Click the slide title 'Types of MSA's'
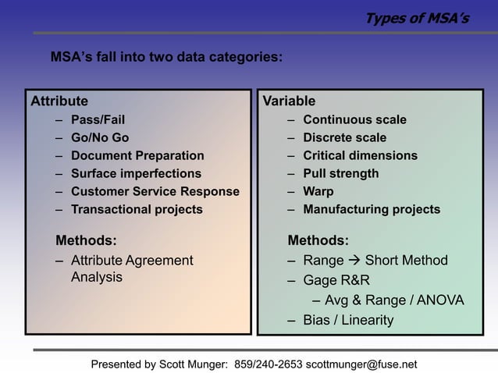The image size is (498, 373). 418,18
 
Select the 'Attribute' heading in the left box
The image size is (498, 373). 59,101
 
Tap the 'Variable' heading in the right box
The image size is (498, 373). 290,101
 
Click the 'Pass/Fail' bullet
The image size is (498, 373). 98,120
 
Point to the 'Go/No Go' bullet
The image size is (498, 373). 100,138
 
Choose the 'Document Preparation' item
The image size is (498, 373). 137,156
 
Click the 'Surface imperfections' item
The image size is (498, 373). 136,174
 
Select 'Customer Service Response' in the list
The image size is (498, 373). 155,192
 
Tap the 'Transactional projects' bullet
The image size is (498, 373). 137,210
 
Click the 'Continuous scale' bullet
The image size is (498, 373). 354,120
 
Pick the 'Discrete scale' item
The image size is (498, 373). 344,138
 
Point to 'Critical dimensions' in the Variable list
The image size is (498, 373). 360,156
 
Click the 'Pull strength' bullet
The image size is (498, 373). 340,174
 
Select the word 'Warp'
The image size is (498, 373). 318,192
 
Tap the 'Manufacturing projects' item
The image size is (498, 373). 372,210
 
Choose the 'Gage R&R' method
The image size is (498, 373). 336,281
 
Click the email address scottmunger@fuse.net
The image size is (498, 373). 361,364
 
